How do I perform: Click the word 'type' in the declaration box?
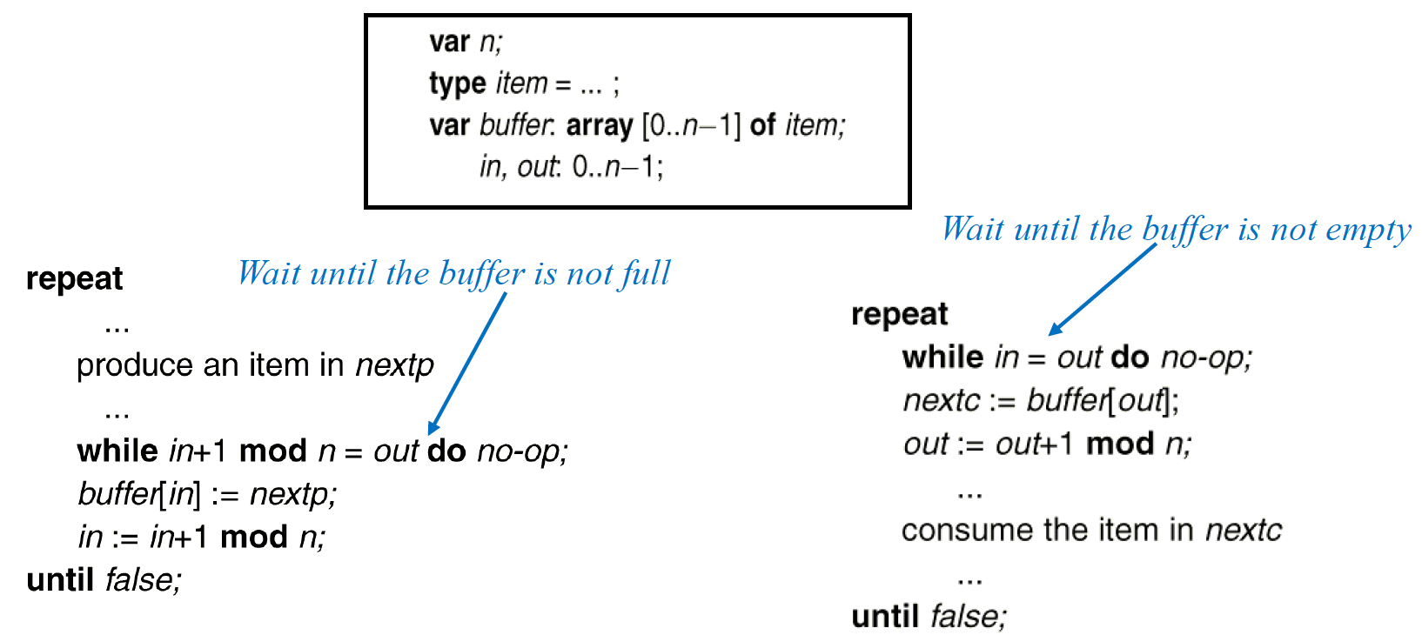[457, 84]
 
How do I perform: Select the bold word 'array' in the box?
[599, 126]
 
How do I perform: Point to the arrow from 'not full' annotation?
[467, 363]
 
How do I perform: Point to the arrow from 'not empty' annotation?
[1103, 289]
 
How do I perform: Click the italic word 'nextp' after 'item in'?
[394, 365]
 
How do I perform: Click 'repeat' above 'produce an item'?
[74, 278]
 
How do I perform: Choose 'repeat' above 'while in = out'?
[899, 314]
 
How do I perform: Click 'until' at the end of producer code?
[60, 579]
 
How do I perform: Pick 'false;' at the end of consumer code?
[969, 616]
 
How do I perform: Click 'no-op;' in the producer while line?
[522, 451]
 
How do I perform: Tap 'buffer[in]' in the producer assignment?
[139, 494]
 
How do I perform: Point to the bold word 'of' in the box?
[762, 125]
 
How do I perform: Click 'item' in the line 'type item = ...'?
[521, 84]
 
